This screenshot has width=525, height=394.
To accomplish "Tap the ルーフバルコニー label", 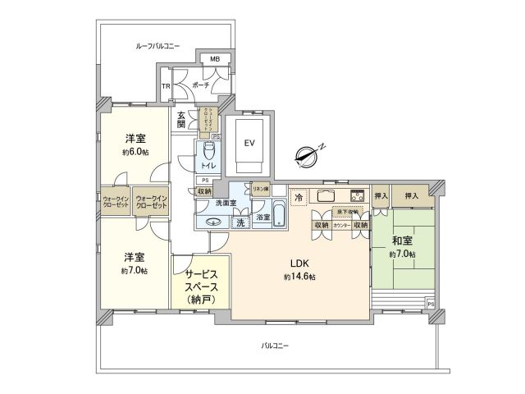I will coord(157,47).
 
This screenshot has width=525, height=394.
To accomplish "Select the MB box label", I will coord(214,59).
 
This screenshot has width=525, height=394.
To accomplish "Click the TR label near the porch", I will coord(165,85).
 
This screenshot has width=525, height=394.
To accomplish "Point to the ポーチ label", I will coord(200,85).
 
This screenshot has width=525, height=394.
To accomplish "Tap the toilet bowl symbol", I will coord(208,151).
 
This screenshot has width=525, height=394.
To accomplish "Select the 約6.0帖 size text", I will coord(135,152).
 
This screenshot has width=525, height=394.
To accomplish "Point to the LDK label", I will coord(299,263).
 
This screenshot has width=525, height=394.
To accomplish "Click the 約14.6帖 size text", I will coord(299,277).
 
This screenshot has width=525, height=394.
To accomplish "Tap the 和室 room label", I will coord(401,241).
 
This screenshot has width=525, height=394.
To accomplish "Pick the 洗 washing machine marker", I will coord(240,222).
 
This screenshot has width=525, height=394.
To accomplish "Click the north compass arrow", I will coord(310,152).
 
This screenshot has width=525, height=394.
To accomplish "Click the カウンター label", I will coord(342,224).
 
